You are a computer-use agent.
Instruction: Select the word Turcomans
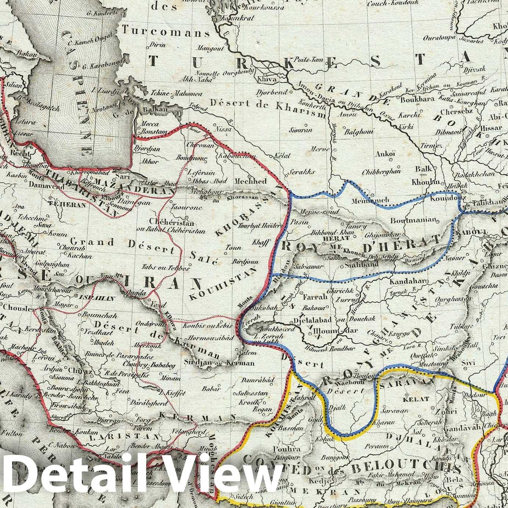[x=166, y=32]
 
